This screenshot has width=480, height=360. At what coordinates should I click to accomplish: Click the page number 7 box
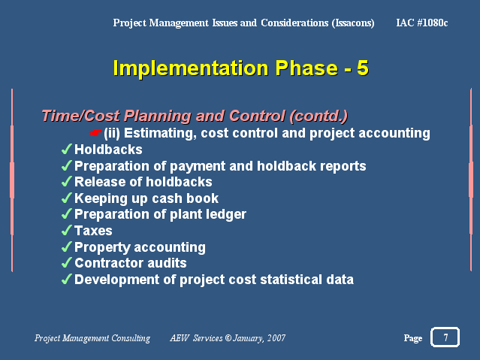pyautogui.click(x=445, y=337)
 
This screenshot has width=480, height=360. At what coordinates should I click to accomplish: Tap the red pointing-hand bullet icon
pyautogui.click(x=96, y=133)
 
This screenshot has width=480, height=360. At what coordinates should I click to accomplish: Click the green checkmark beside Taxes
pyautogui.click(x=67, y=231)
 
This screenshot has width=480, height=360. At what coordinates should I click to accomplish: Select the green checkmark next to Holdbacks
pyautogui.click(x=67, y=150)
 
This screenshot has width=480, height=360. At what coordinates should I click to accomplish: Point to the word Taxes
pyautogui.click(x=93, y=231)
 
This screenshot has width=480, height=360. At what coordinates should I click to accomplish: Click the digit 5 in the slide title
pyautogui.click(x=363, y=68)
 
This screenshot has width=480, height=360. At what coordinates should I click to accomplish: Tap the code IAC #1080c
pyautogui.click(x=422, y=23)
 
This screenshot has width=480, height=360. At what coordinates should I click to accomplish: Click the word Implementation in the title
pyautogui.click(x=191, y=68)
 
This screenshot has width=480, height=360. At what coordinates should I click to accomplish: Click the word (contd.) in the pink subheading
pyautogui.click(x=318, y=116)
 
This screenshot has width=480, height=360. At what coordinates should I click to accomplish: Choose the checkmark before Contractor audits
pyautogui.click(x=67, y=263)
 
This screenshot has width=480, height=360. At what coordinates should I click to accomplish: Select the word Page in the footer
pyautogui.click(x=413, y=338)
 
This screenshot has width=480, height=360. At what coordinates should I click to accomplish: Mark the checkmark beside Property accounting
pyautogui.click(x=67, y=247)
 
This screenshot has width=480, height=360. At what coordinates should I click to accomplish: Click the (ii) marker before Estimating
pyautogui.click(x=112, y=133)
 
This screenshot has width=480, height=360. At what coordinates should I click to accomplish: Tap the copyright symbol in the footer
pyautogui.click(x=228, y=338)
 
